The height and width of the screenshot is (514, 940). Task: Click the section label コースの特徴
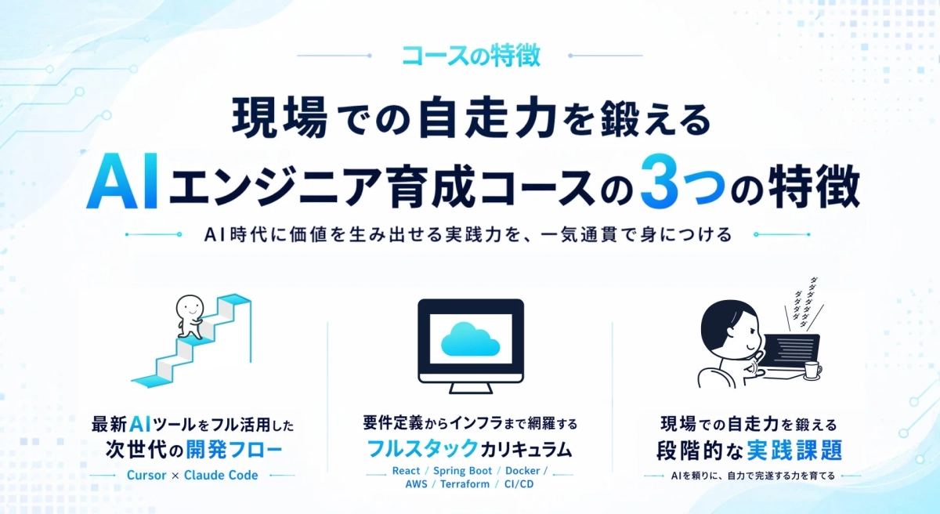point(470,56)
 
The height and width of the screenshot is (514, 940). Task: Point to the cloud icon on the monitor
point(471,338)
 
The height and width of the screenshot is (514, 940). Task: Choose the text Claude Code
point(221,475)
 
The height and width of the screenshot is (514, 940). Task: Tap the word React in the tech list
point(406,471)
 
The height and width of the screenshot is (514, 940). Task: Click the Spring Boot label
point(462,471)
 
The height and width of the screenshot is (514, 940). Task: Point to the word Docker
point(522,471)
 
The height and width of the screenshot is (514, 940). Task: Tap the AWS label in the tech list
point(416,484)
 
